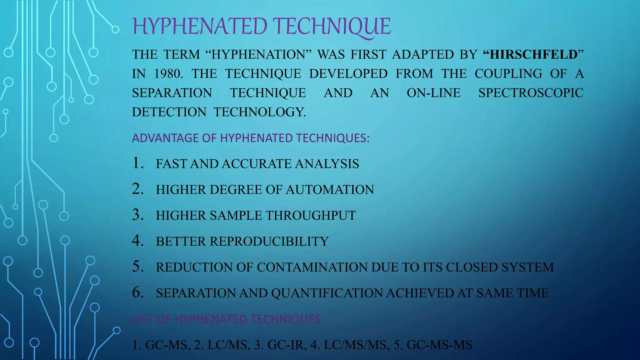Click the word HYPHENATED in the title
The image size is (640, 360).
[x=200, y=26]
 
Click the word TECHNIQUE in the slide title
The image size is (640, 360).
[x=332, y=26]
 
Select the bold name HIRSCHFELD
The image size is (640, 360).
[x=533, y=54]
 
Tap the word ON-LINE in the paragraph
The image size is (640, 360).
[x=433, y=93]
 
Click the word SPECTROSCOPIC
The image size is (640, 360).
[x=531, y=93]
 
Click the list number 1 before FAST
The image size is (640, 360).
[x=137, y=163]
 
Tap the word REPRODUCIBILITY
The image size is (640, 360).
[x=269, y=242]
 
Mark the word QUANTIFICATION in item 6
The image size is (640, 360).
[x=327, y=293]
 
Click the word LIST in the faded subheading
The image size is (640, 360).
[x=142, y=319]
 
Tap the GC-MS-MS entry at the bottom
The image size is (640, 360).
[x=439, y=345]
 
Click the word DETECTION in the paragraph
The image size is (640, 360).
[x=169, y=112]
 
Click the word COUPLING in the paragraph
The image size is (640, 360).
[x=508, y=74]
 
